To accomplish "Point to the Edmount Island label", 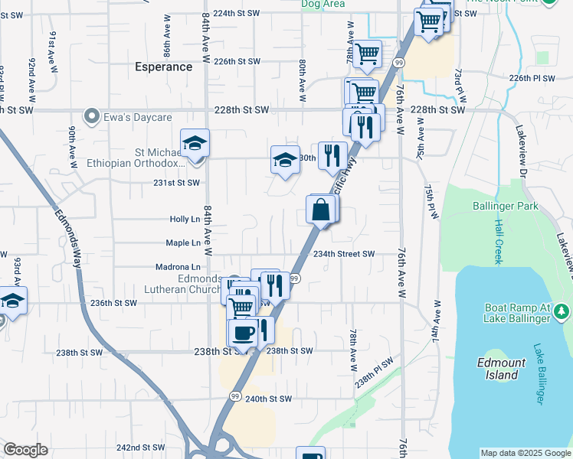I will click(501, 369).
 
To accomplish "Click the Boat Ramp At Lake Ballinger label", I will click(517, 313).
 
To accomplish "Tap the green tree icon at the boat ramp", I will click(562, 311).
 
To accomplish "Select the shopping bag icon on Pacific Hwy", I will click(320, 209).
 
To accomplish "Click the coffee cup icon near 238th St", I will click(243, 333).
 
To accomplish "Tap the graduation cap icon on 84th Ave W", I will click(195, 143).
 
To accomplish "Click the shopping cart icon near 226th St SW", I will click(368, 54).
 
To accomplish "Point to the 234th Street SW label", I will click(343, 254).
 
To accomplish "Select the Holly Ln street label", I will click(185, 220).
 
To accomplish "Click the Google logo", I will click(26, 450).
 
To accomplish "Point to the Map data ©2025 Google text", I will click(525, 453).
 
